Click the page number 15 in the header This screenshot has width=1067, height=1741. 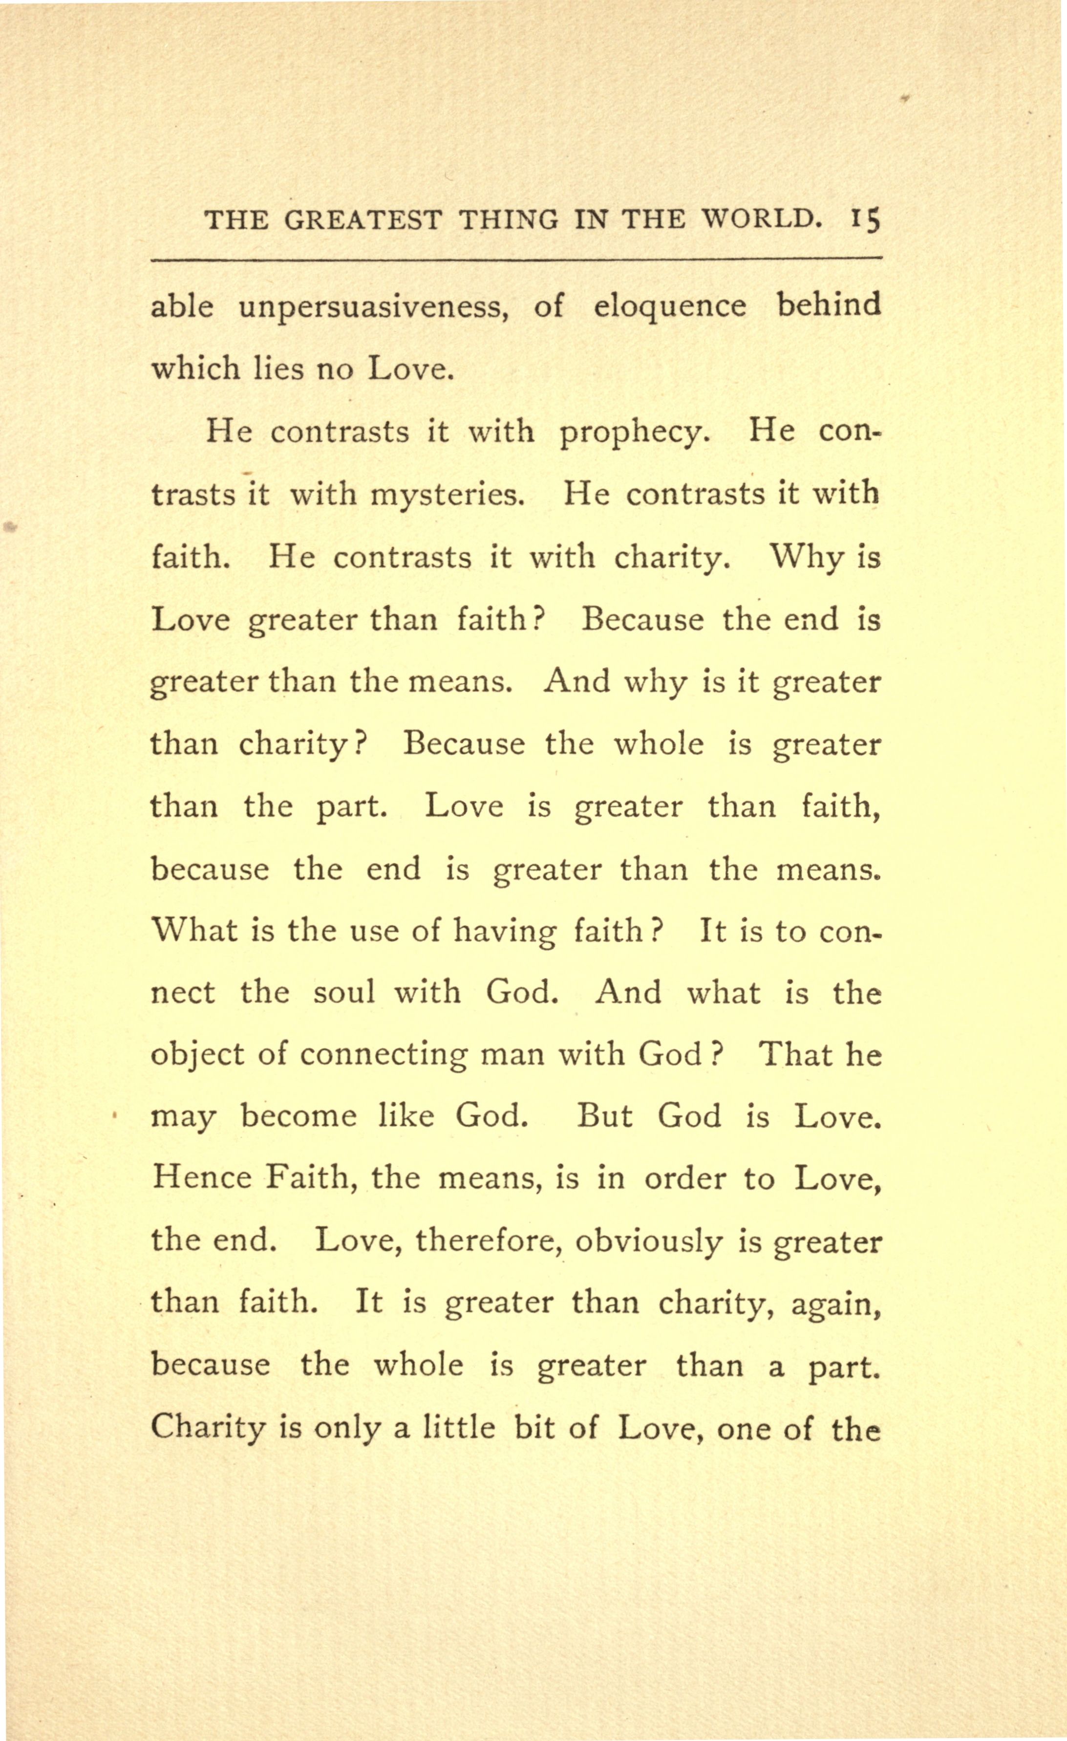865,220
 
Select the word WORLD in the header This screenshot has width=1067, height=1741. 761,220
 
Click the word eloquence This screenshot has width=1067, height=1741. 669,306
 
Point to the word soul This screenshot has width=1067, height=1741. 344,993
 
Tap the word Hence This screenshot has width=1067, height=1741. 201,1178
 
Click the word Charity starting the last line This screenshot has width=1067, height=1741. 208,1429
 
